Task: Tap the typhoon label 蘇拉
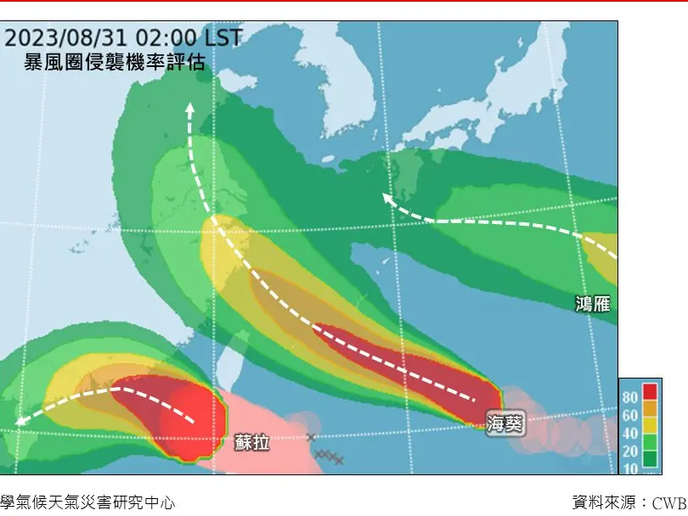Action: (x=252, y=441)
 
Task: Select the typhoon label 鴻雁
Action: (x=592, y=304)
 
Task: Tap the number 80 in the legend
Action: (x=631, y=396)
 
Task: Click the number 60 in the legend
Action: (x=631, y=415)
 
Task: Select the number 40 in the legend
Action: (x=631, y=434)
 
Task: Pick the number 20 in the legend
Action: (x=631, y=451)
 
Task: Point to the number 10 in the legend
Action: (x=631, y=468)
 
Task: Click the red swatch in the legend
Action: (x=650, y=392)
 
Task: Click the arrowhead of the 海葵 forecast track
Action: (x=189, y=108)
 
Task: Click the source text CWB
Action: (x=669, y=502)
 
